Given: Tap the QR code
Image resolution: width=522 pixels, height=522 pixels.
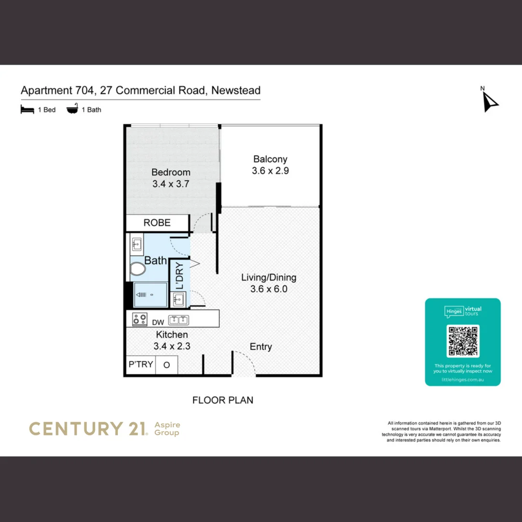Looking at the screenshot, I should (x=463, y=341).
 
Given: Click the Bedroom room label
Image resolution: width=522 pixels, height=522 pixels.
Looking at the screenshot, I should (x=171, y=173).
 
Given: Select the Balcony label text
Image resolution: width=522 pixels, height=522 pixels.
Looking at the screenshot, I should (x=270, y=159).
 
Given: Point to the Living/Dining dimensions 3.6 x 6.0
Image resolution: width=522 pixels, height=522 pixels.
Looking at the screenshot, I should (x=269, y=289).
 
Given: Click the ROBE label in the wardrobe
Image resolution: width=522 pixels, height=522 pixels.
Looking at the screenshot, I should (x=157, y=223).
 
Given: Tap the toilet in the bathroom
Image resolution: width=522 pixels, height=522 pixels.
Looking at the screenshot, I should (x=138, y=269).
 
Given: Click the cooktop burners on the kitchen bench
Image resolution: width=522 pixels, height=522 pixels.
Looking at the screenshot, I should (x=140, y=319).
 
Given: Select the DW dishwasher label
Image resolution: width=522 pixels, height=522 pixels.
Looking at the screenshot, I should (x=158, y=322).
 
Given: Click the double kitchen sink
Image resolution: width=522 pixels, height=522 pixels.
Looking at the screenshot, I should (x=178, y=320).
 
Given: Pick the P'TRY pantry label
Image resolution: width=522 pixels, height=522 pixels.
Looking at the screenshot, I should (x=140, y=364).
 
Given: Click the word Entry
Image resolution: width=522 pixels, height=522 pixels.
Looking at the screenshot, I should (x=261, y=347).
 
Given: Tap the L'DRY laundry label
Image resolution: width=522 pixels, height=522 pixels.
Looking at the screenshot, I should (x=179, y=275).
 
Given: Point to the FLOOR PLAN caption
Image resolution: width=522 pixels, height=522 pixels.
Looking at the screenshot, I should (x=223, y=400).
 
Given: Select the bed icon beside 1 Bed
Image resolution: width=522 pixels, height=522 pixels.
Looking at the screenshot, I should (x=27, y=110).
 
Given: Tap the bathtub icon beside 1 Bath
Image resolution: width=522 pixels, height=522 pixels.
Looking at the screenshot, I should (x=72, y=110).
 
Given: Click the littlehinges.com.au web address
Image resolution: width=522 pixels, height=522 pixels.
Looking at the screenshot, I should (x=463, y=380).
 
